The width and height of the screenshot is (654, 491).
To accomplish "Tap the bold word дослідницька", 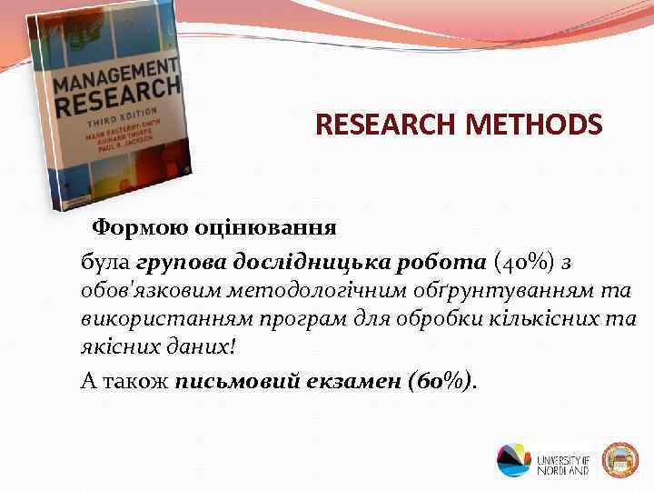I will tap(312, 263).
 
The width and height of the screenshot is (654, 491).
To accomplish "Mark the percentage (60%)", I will tap(442, 380).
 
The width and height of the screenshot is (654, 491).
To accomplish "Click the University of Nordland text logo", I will tap(563, 460).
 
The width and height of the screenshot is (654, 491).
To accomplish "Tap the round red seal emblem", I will tap(621, 460).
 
